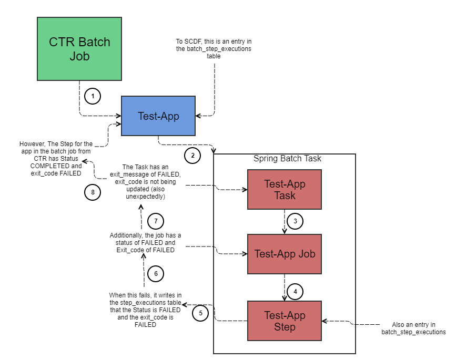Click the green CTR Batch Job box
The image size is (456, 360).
point(79,49)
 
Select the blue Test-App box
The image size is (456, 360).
point(158,116)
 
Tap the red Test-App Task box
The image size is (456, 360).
point(284,190)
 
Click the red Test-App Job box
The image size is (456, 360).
point(284,254)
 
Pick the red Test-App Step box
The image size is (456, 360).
point(284,321)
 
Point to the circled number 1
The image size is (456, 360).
point(93,96)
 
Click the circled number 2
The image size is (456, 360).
point(192,155)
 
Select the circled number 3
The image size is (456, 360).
point(295,221)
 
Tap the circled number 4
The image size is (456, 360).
point(295,291)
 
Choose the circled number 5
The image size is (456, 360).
point(200,314)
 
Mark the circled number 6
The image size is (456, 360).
point(156,273)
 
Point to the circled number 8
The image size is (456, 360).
point(93,192)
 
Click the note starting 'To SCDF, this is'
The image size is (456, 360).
point(214,48)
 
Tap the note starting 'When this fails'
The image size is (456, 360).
point(145,310)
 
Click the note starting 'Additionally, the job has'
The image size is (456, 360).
point(145,243)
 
